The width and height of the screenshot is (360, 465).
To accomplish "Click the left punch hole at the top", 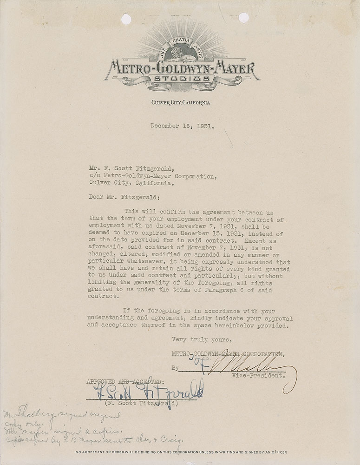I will click(x=126, y=19).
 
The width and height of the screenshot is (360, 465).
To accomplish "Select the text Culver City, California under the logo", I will click(x=180, y=102).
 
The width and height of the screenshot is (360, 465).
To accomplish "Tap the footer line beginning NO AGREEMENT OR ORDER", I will click(x=181, y=452).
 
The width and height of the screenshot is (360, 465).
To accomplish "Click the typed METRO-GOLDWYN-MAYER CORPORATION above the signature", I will click(x=227, y=354).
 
